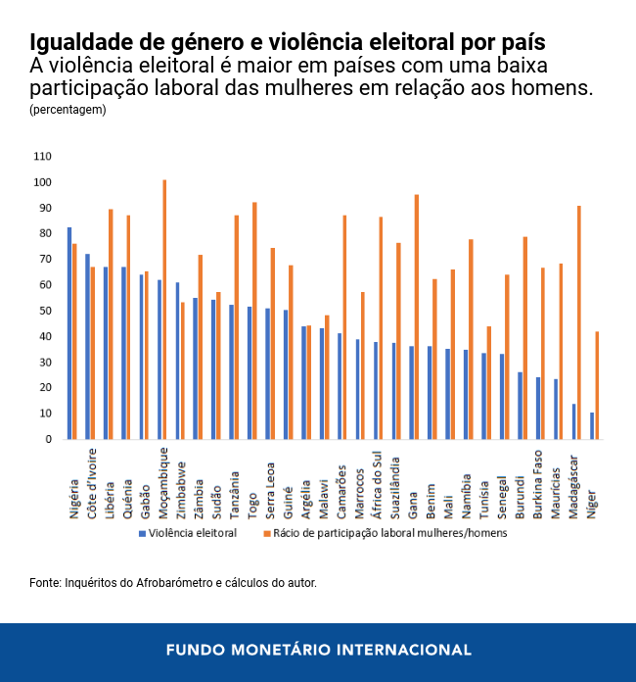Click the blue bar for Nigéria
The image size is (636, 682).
(69, 333)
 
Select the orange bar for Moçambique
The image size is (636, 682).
(164, 310)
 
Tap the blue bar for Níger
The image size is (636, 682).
(592, 425)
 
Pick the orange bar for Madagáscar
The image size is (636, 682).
(579, 322)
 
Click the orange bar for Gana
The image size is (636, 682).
(417, 317)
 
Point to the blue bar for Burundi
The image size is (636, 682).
(520, 406)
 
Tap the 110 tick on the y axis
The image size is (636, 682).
(42, 157)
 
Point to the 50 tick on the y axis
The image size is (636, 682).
(45, 311)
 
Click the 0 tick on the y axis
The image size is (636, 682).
(48, 439)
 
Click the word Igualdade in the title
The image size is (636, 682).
(79, 43)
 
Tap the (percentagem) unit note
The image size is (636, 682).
(68, 110)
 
